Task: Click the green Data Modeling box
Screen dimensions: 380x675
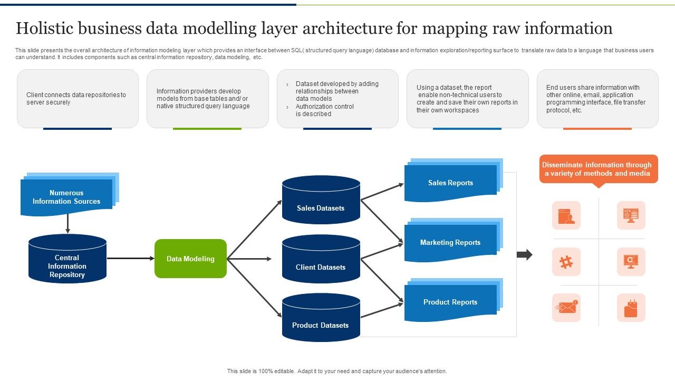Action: pyautogui.click(x=190, y=259)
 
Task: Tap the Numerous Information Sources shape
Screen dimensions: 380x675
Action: pyautogui.click(x=66, y=197)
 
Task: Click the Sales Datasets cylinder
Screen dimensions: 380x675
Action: pyautogui.click(x=321, y=203)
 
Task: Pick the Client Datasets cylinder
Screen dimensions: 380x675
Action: pyautogui.click(x=321, y=262)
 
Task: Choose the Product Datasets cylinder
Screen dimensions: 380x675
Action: pyautogui.click(x=321, y=321)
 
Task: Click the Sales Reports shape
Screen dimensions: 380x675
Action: pyautogui.click(x=450, y=183)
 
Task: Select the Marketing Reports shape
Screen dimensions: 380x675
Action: pyautogui.click(x=450, y=243)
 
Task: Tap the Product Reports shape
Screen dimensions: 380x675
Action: pyautogui.click(x=450, y=302)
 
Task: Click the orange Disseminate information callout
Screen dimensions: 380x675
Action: pyautogui.click(x=599, y=169)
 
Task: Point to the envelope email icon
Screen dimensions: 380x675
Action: pyautogui.click(x=566, y=308)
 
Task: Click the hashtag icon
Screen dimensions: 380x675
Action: pyautogui.click(x=566, y=262)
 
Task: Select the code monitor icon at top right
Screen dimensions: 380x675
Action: pyautogui.click(x=631, y=215)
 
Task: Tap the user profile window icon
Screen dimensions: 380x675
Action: pyautogui.click(x=566, y=215)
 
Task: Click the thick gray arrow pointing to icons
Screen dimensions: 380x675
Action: pyautogui.click(x=524, y=255)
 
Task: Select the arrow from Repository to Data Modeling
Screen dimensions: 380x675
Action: pyautogui.click(x=130, y=259)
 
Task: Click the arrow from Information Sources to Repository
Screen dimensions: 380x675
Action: pyautogui.click(x=67, y=224)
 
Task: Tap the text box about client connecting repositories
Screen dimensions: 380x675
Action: pyautogui.click(x=78, y=99)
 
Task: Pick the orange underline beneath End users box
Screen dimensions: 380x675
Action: pyautogui.click(x=597, y=128)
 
